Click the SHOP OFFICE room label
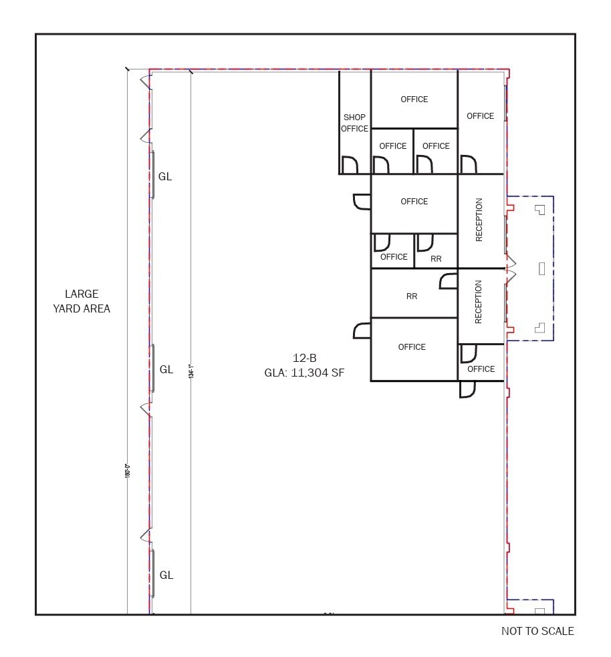click(x=354, y=123)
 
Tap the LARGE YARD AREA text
click(x=82, y=301)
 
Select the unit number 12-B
click(x=304, y=357)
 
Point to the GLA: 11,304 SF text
click(x=304, y=373)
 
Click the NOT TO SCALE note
click(x=537, y=631)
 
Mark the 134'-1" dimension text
click(x=191, y=371)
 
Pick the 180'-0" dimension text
click(x=127, y=469)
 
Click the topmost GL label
click(x=165, y=177)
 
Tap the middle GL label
click(x=166, y=369)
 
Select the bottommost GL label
click(x=166, y=575)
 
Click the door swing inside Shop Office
click(x=349, y=165)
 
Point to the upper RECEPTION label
click(x=479, y=220)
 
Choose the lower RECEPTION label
click(x=479, y=302)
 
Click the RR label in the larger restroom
click(x=412, y=296)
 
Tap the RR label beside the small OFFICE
click(x=436, y=258)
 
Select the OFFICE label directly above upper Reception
click(x=480, y=116)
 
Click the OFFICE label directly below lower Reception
click(x=481, y=369)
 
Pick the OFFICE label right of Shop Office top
click(x=414, y=99)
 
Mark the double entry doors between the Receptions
click(x=512, y=268)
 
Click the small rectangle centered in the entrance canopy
click(x=541, y=268)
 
